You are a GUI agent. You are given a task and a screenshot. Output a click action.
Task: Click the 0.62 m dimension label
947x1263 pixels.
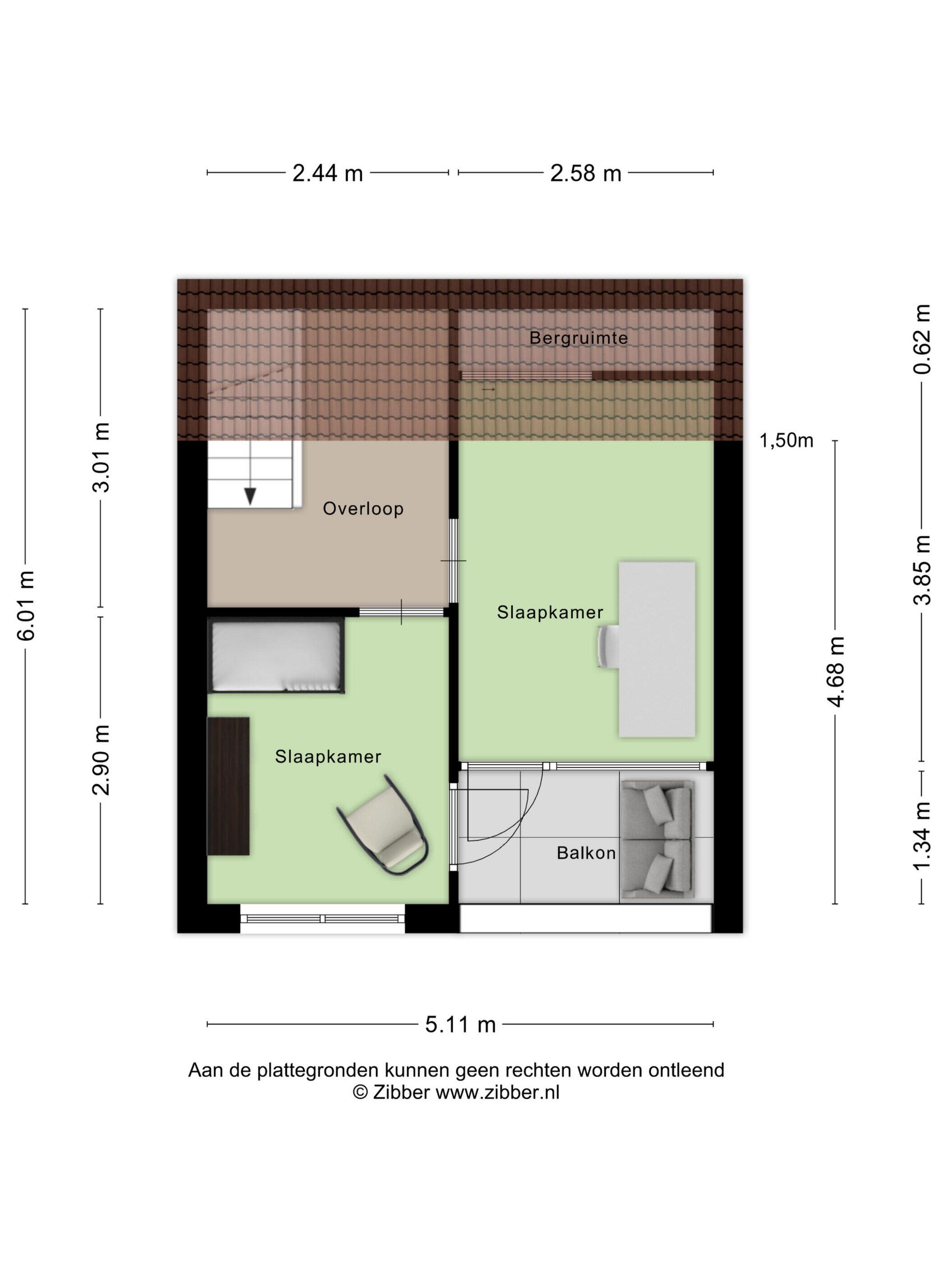pos(922,339)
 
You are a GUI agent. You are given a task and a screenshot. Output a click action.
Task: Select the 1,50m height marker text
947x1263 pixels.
pos(786,441)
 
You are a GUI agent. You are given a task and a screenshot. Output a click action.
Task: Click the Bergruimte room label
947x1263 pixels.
pos(578,338)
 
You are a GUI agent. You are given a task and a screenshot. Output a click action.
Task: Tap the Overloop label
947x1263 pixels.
pos(363,508)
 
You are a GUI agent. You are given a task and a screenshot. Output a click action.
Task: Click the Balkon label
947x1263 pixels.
pos(586,853)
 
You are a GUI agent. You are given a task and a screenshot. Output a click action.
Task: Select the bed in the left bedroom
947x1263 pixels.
pos(276,655)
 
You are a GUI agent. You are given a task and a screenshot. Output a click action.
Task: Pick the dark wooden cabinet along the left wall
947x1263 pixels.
pos(228,786)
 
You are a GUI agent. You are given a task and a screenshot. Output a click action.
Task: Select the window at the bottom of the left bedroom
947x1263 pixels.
pos(322,919)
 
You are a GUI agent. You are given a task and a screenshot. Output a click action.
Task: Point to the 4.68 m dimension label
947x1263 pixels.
pos(835,672)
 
